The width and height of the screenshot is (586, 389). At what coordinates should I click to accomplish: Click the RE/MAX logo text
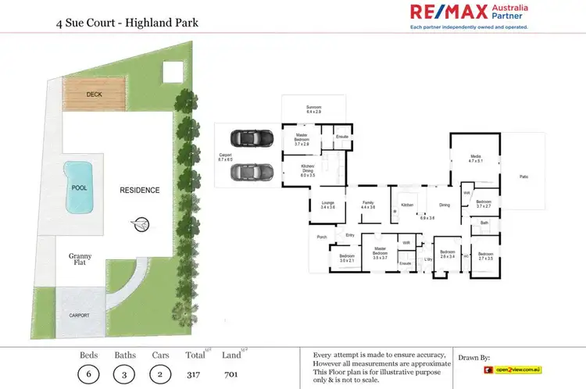click(x=448, y=12)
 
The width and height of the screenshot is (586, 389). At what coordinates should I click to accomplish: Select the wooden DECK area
click(x=95, y=95)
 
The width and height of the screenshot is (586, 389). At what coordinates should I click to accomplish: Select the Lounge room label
click(x=327, y=205)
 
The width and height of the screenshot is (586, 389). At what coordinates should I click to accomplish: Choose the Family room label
click(x=368, y=205)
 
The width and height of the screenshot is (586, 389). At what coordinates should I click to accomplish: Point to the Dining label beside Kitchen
click(x=444, y=205)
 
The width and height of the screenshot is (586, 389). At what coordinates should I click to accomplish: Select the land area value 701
click(x=230, y=373)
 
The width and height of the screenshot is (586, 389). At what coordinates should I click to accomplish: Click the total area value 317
click(x=194, y=373)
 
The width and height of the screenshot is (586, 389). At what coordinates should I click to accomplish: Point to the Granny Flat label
click(x=80, y=259)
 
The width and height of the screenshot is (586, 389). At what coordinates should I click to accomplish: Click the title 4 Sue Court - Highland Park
click(x=127, y=23)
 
